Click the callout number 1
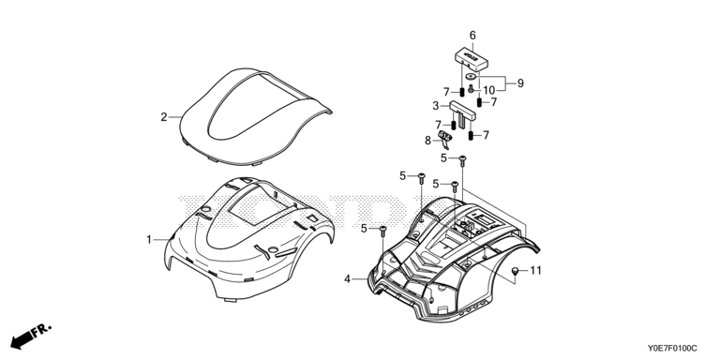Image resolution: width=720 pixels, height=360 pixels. click(149, 240)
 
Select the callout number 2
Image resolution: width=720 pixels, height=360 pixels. click(164, 117)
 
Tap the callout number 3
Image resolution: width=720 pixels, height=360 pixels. click(436, 106)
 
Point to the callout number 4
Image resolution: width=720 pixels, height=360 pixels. click(348, 278)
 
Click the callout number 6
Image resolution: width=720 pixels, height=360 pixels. click(472, 36)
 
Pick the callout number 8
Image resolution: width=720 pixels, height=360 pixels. click(427, 141)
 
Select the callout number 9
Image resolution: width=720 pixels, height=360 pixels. click(520, 83)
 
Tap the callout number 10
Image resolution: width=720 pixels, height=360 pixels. click(489, 90)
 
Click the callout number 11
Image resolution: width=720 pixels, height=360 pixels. click(536, 270)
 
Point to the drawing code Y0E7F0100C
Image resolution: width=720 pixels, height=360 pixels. click(672, 349)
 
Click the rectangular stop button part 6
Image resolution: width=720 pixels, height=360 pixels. click(472, 58)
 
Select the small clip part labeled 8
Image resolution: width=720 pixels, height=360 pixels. click(445, 139)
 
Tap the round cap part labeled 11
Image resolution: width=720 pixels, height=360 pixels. click(517, 271)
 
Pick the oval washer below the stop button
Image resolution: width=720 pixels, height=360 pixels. click(471, 77)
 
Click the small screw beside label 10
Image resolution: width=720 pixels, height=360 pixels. click(472, 89)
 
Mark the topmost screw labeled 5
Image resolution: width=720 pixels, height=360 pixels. click(463, 160)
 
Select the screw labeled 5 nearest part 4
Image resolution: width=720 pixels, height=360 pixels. click(383, 232)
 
